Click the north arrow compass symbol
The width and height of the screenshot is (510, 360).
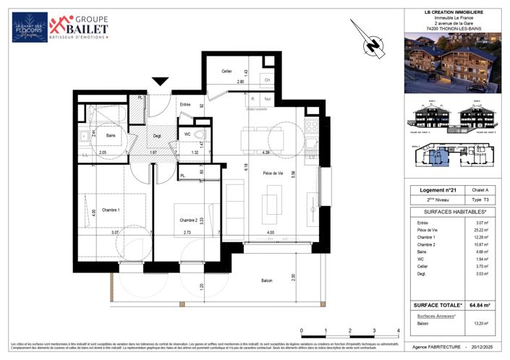pos(373,46)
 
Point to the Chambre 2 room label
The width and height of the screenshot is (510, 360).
pos(189,220)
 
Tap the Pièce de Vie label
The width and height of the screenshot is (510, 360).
pos(272,173)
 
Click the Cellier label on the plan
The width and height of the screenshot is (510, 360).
pos(227,71)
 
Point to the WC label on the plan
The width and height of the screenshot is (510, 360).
pos(187,134)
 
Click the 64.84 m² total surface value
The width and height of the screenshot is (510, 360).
pos(477,304)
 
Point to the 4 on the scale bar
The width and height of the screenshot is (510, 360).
pos(399,330)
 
